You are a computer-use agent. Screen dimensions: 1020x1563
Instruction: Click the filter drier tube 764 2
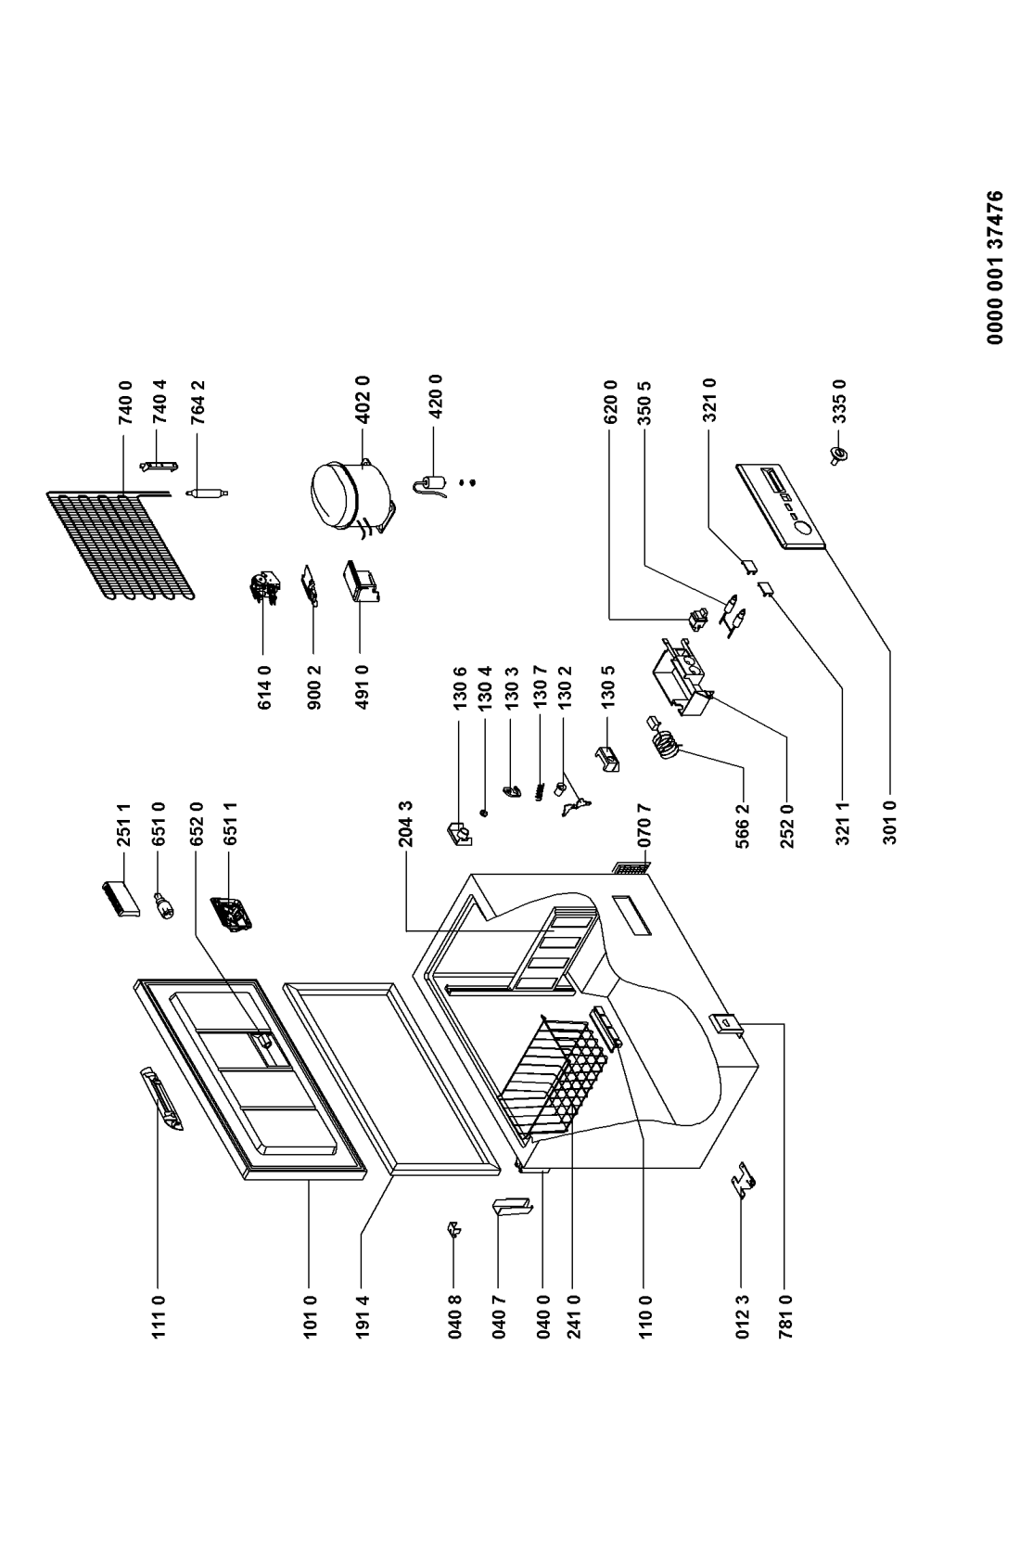coord(207,493)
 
